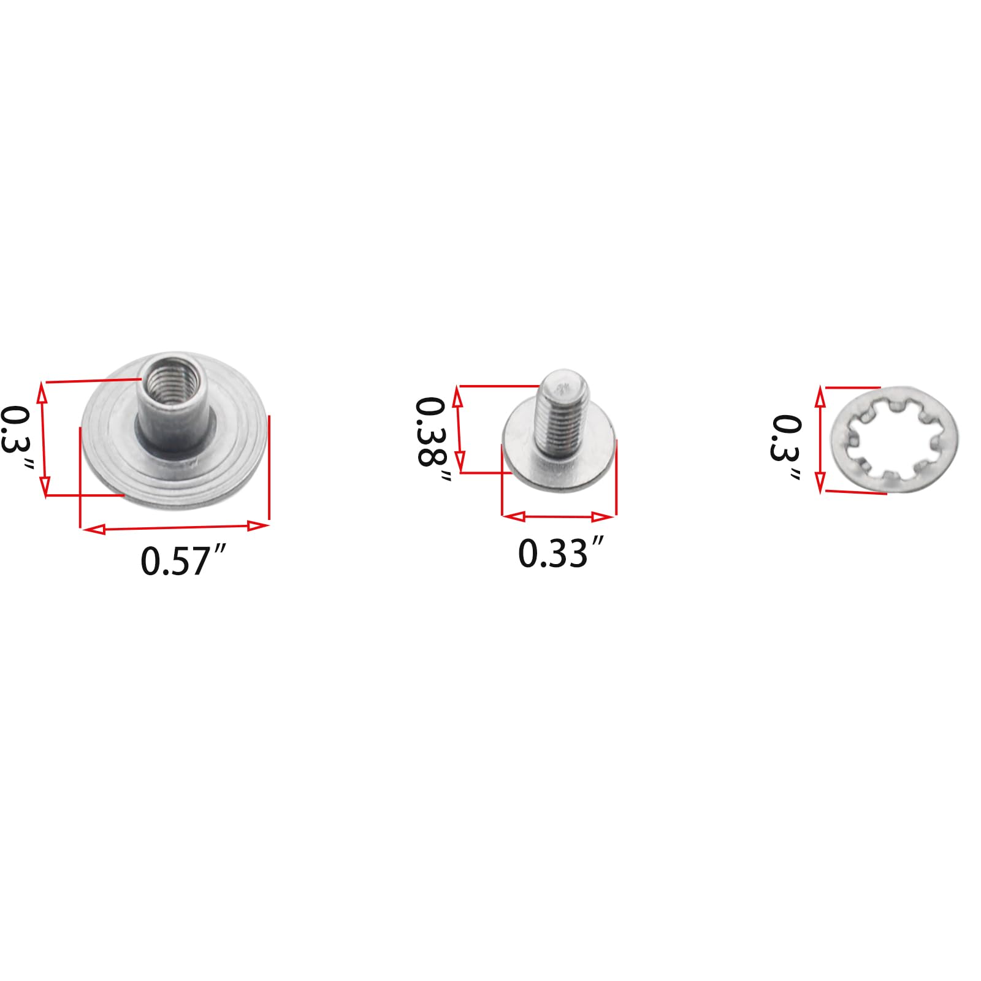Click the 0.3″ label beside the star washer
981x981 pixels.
point(787,448)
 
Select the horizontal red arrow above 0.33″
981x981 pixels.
point(559,517)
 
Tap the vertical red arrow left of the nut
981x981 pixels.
point(44,439)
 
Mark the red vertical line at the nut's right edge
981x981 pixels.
point(269,466)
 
